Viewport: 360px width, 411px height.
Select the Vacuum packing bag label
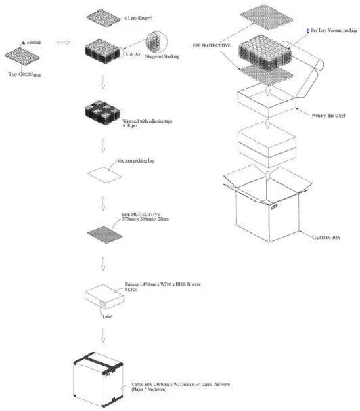coord(132,162)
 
